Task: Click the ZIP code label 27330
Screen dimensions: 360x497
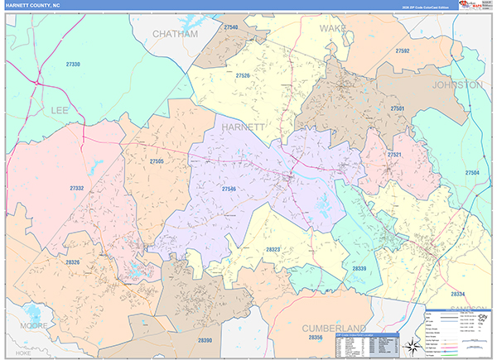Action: click(x=74, y=64)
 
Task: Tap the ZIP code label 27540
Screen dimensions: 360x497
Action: click(x=230, y=27)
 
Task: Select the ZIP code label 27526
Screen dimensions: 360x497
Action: click(x=243, y=75)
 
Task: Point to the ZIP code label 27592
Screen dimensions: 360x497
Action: click(x=403, y=50)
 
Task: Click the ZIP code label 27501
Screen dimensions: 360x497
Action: click(x=398, y=108)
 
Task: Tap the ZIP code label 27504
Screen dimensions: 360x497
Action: click(x=472, y=173)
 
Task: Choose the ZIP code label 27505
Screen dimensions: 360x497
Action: click(x=157, y=161)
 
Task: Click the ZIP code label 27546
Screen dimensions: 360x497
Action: click(x=229, y=189)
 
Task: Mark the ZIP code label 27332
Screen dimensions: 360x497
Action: click(x=77, y=189)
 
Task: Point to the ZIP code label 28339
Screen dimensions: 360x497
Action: click(x=359, y=268)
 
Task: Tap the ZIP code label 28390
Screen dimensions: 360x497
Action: click(x=205, y=340)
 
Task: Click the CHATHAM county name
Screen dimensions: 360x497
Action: click(x=176, y=34)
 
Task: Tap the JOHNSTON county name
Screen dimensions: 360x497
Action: click(x=456, y=84)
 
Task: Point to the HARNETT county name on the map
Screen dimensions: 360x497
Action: click(x=243, y=127)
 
